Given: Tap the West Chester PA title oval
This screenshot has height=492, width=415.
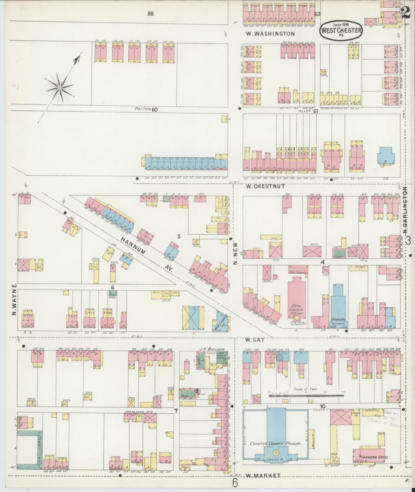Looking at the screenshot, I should point(341,30).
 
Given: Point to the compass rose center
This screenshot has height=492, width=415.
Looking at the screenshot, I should point(60,88).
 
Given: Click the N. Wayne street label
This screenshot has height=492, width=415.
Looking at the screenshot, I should point(14,300).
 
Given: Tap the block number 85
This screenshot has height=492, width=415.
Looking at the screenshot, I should point(151,14).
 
